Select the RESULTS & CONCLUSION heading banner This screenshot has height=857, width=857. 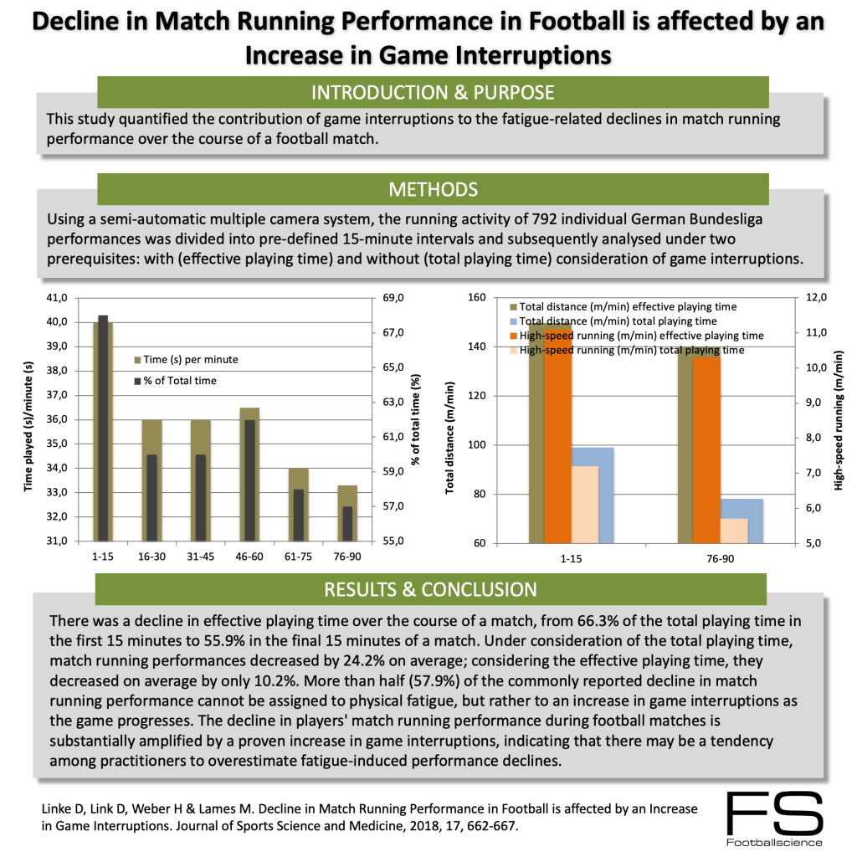[x=431, y=589]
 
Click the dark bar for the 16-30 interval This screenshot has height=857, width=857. [x=151, y=497]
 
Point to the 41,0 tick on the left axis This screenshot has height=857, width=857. [x=59, y=298]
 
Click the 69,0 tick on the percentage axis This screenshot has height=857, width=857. [x=393, y=298]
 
